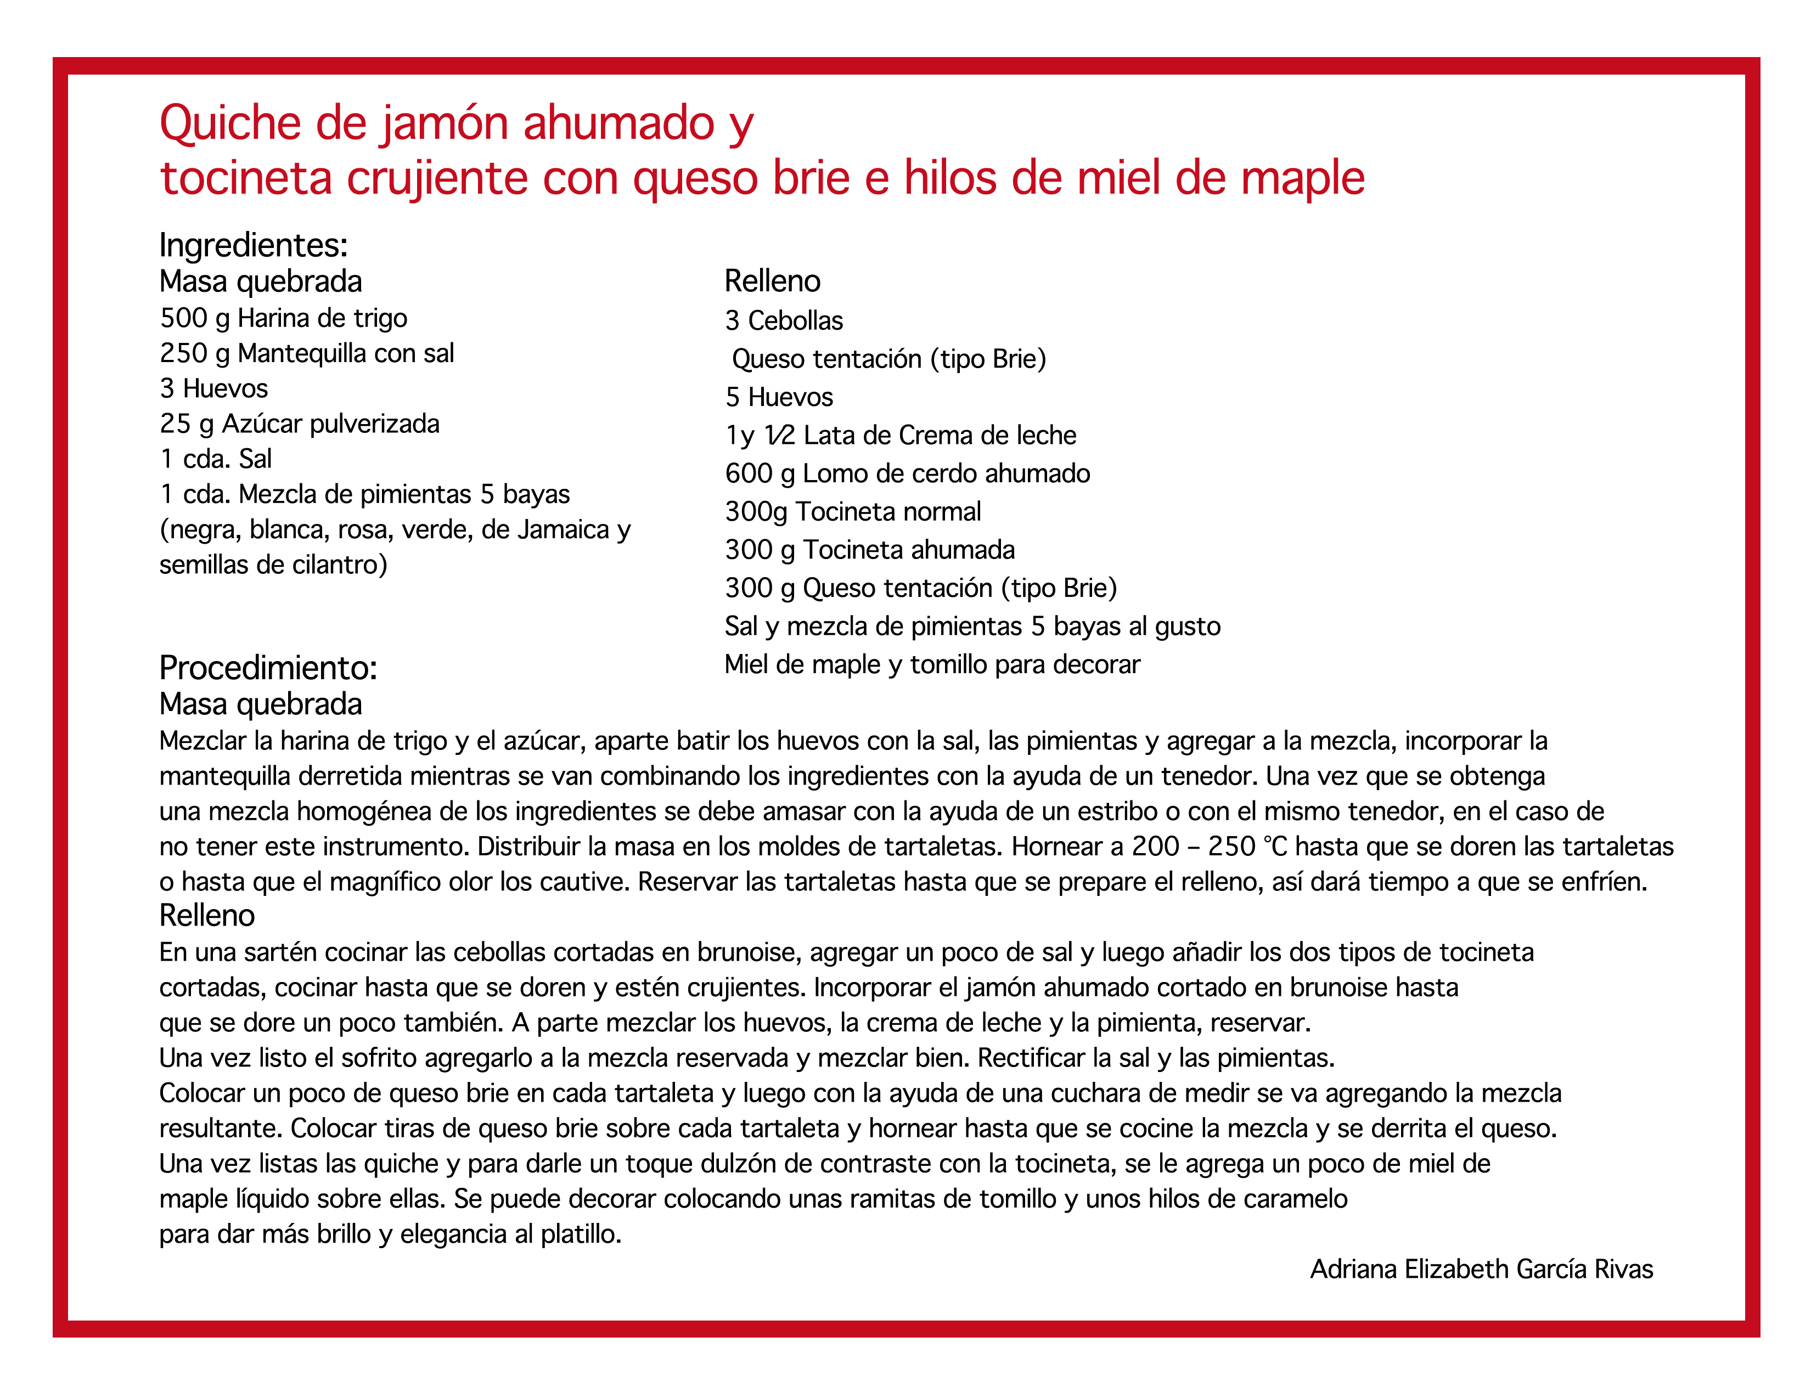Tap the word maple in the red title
pyautogui.click(x=1314, y=178)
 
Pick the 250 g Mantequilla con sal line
pyautogui.click(x=307, y=354)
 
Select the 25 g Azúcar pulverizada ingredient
pyautogui.click(x=299, y=424)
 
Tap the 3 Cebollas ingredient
pyautogui.click(x=784, y=321)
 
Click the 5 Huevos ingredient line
pyautogui.click(x=779, y=397)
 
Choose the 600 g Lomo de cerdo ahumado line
pyautogui.click(x=907, y=473)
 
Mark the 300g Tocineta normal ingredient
pyautogui.click(x=852, y=511)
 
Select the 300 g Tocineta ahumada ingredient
pyautogui.click(x=869, y=550)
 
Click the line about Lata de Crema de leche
pyautogui.click(x=901, y=435)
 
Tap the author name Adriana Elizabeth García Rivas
pyautogui.click(x=1481, y=1270)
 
